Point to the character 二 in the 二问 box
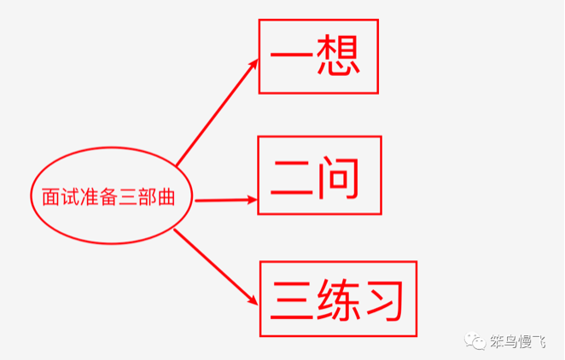coord(294,177)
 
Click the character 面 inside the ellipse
coord(50,196)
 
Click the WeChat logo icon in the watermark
coord(473,340)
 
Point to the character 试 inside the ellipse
coord(69,196)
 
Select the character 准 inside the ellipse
coord(88,196)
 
